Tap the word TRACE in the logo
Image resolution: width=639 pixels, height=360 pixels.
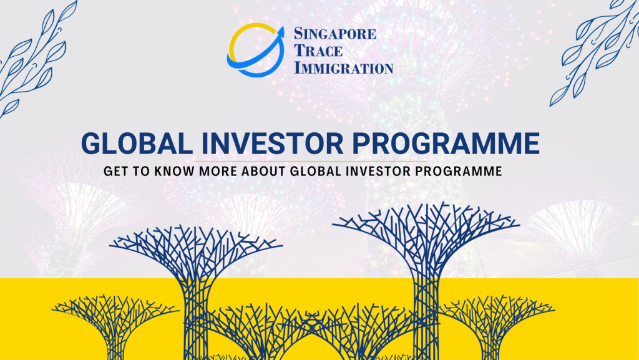pyautogui.click(x=318, y=51)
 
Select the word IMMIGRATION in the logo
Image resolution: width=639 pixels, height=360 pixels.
pyautogui.click(x=343, y=67)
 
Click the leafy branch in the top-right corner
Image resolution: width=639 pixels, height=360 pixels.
pyautogui.click(x=593, y=53)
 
